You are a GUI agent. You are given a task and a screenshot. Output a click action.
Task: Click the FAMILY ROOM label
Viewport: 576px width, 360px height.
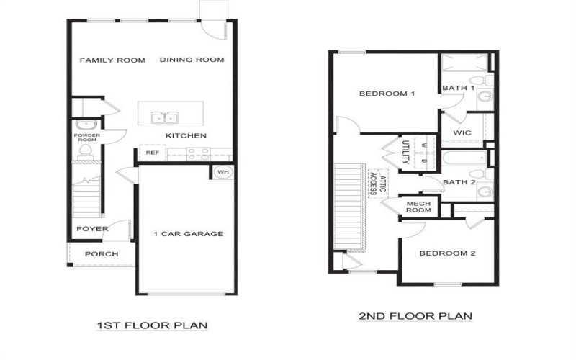pos(112,60)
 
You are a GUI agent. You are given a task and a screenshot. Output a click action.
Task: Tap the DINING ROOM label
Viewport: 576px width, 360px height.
pos(192,60)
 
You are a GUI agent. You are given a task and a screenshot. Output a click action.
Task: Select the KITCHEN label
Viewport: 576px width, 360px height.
pos(186,136)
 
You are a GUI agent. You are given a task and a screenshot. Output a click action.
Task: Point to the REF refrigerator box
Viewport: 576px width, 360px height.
pos(152,153)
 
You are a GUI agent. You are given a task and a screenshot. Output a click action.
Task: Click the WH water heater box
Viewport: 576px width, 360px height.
pos(222,172)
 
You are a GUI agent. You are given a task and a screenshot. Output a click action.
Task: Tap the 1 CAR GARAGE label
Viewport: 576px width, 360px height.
pos(189,233)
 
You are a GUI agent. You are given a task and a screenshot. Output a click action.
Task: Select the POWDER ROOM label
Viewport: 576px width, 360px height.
pos(87,138)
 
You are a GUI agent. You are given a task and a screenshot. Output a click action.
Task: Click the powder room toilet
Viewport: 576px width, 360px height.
pos(86,150)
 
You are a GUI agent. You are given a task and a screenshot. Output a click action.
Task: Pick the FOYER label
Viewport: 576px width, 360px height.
pos(93,229)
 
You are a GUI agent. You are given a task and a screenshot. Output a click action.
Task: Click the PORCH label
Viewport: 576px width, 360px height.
pos(102,254)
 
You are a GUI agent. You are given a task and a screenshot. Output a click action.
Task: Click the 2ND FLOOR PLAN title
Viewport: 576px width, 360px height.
pos(415,315)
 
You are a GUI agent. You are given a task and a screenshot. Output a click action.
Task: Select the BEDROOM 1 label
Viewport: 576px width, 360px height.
pos(387,94)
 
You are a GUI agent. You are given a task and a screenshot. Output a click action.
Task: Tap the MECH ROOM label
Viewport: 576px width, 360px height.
pos(418,207)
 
